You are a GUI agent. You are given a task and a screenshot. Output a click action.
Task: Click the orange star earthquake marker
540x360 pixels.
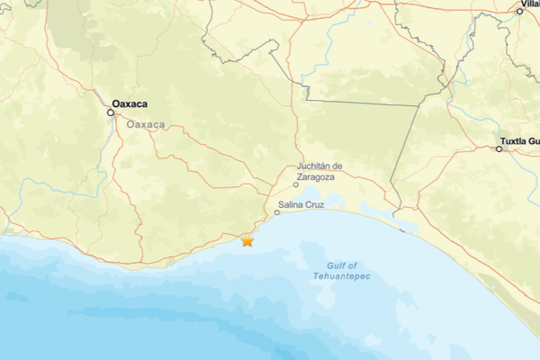(x=247, y=240)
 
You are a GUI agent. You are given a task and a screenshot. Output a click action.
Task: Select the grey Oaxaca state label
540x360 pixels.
(x=146, y=124)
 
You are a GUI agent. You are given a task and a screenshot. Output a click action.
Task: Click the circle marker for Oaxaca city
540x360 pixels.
(x=112, y=112)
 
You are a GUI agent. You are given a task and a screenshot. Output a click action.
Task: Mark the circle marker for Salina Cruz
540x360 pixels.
(x=277, y=213)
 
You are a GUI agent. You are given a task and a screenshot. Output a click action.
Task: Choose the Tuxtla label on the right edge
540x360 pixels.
(x=522, y=140)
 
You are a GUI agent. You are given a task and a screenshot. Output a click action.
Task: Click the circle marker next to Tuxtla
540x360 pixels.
(x=499, y=149)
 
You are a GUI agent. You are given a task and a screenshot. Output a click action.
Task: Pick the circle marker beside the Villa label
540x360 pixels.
(x=520, y=12)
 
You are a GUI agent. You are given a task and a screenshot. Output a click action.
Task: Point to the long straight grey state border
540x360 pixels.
(x=360, y=103)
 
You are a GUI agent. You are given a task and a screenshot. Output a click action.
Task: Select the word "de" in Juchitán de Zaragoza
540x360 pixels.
(x=338, y=166)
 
